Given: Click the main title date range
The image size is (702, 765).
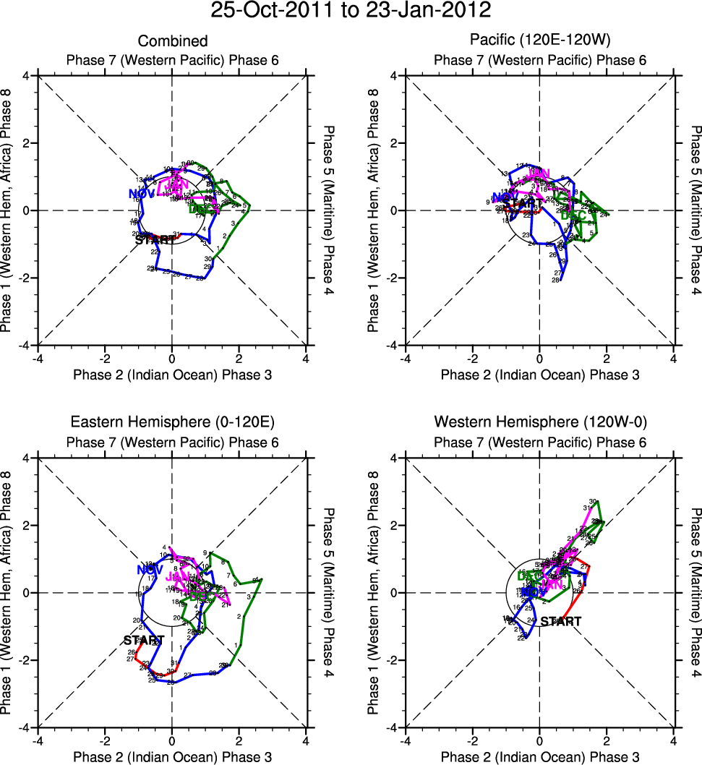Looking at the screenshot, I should pyautogui.click(x=351, y=11).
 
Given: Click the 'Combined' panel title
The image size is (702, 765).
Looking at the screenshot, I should pyautogui.click(x=172, y=41).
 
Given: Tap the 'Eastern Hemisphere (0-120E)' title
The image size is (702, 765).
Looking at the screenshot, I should pyautogui.click(x=172, y=422).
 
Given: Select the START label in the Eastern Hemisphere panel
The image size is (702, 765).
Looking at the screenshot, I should pyautogui.click(x=143, y=640).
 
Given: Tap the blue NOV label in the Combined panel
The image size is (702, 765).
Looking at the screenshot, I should pyautogui.click(x=142, y=193).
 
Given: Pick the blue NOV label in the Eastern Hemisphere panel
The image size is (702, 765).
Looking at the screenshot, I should pyautogui.click(x=149, y=570).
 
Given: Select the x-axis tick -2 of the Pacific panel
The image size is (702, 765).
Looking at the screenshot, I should pyautogui.click(x=472, y=358).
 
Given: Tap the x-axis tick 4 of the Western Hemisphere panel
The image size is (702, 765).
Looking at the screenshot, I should pyautogui.click(x=673, y=740).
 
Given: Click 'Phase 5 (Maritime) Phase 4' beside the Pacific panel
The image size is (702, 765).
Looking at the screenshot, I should pyautogui.click(x=695, y=210).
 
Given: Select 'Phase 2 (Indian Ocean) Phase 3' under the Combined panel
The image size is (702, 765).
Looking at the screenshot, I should pyautogui.click(x=172, y=374).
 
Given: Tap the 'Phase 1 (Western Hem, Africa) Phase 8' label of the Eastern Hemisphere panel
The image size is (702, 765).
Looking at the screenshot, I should pyautogui.click(x=8, y=592).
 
